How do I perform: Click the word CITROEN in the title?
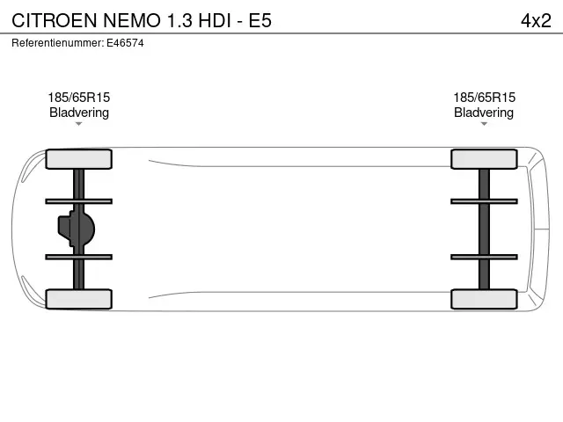55,20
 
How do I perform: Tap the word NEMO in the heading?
132,20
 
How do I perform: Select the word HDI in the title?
215,20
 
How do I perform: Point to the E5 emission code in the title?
260,20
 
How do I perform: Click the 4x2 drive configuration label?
536,20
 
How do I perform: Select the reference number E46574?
125,43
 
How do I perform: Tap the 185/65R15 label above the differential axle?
79,98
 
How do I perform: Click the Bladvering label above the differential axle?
79,113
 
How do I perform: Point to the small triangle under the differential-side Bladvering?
78,124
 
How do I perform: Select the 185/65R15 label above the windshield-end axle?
484,98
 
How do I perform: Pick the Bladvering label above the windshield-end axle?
484,113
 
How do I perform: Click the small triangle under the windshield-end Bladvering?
484,124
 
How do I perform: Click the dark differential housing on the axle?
77,229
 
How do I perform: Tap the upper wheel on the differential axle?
78,159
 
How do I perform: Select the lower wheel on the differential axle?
78,299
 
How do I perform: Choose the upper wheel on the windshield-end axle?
484,159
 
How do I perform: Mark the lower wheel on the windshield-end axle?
484,299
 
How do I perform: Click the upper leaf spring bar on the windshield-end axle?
484,201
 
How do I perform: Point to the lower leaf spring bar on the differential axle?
78,257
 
